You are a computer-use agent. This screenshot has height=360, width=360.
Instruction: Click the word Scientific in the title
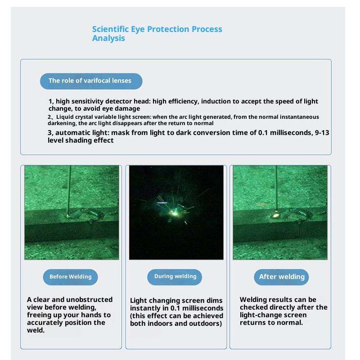[x=110, y=29]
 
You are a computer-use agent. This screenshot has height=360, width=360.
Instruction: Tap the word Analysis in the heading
[x=108, y=38]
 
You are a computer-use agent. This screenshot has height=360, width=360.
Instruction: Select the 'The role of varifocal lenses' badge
[x=91, y=81]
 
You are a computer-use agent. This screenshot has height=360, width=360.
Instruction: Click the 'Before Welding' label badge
[x=70, y=277]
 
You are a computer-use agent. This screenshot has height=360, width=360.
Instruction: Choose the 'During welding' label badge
[x=175, y=277]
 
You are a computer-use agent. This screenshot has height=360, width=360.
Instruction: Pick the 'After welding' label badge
[x=282, y=277]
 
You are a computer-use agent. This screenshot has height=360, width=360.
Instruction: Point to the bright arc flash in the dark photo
[x=175, y=213]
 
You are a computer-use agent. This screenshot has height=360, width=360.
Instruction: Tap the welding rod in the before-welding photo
[x=69, y=191]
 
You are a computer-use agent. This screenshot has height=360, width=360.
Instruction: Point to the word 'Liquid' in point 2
[x=63, y=117]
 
